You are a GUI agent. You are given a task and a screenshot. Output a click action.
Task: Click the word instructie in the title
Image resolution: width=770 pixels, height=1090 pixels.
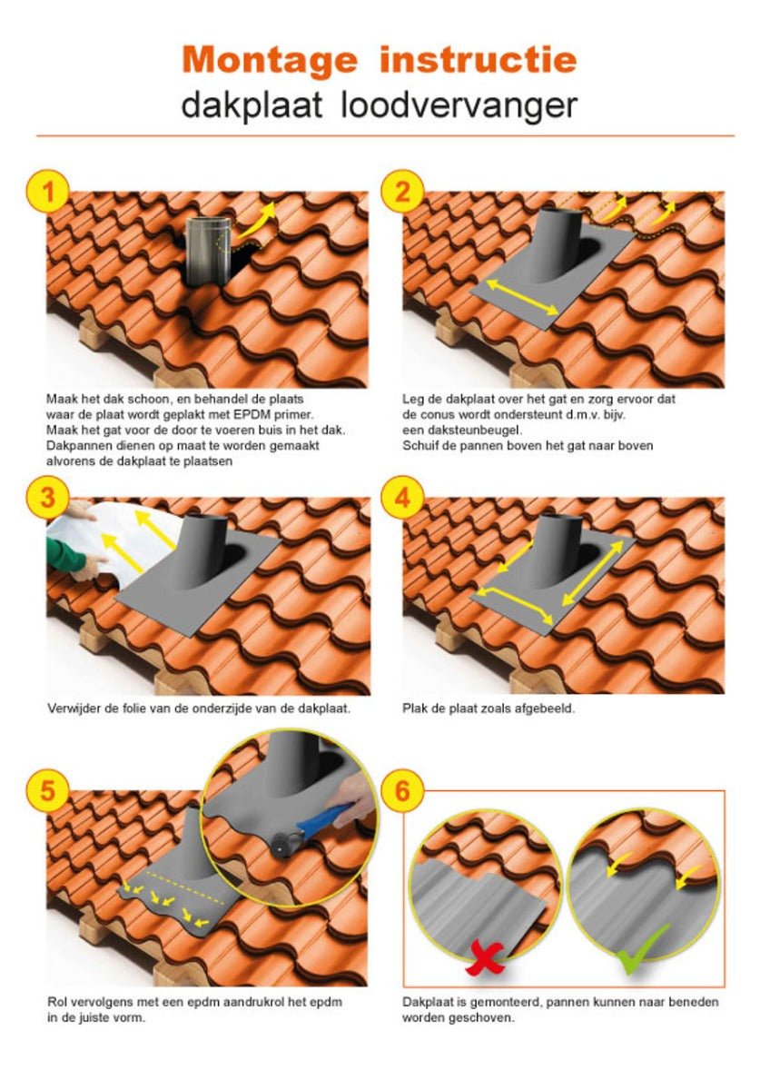pyautogui.click(x=479, y=60)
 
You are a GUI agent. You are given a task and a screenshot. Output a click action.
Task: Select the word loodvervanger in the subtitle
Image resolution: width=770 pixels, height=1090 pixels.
pyautogui.click(x=459, y=105)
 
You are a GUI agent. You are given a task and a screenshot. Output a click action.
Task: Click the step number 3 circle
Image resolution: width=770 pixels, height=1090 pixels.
pyautogui.click(x=47, y=498)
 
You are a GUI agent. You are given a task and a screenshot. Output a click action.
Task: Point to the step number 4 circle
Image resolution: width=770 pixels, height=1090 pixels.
pyautogui.click(x=401, y=498)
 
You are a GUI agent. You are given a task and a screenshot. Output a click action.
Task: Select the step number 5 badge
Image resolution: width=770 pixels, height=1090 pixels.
pyautogui.click(x=47, y=790)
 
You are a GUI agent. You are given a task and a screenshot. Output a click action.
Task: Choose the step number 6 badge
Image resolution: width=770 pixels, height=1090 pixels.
pyautogui.click(x=401, y=790)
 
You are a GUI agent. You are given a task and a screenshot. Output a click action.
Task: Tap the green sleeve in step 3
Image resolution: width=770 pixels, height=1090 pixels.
pyautogui.click(x=64, y=554)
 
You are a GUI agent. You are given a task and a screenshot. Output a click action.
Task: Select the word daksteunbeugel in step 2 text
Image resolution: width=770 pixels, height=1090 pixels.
pyautogui.click(x=476, y=431)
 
